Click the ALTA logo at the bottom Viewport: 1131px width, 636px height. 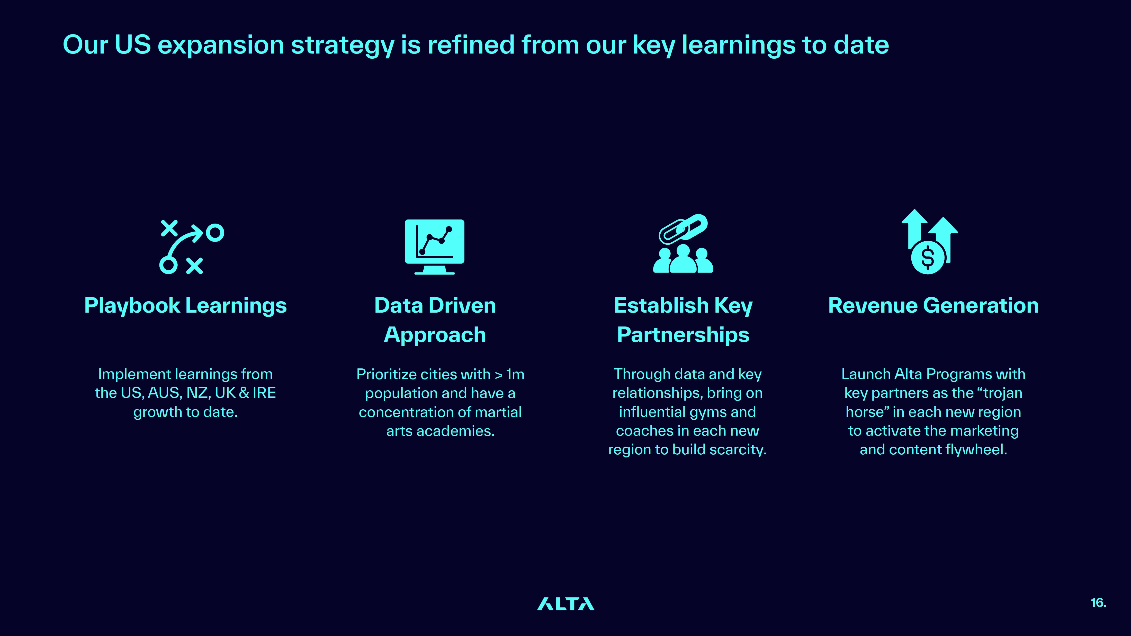pyautogui.click(x=566, y=604)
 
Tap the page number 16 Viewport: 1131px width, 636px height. pyautogui.click(x=1099, y=603)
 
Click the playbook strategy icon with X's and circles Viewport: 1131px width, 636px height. pyautogui.click(x=191, y=247)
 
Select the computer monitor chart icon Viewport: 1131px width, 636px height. pyautogui.click(x=434, y=247)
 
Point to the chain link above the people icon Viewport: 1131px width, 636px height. pyautogui.click(x=683, y=228)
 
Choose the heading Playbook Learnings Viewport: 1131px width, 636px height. pyautogui.click(x=185, y=306)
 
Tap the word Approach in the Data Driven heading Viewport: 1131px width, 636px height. pyautogui.click(x=435, y=335)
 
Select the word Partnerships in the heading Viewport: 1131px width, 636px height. pyautogui.click(x=683, y=335)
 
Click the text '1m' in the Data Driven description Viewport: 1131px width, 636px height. pyautogui.click(x=515, y=374)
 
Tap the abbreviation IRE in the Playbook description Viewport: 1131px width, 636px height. pyautogui.click(x=264, y=393)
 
